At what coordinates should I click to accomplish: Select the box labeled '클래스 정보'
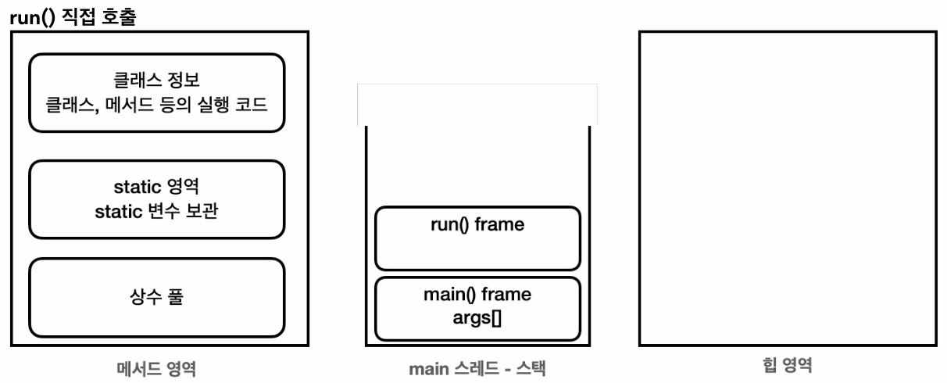tap(156, 93)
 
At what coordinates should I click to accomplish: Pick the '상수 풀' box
tap(156, 298)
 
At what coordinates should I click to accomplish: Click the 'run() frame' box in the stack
tap(477, 238)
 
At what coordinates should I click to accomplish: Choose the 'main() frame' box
tap(477, 309)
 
